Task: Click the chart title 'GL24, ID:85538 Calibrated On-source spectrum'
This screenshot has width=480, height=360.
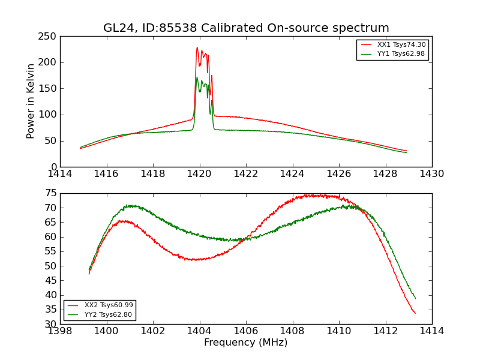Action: pos(246,28)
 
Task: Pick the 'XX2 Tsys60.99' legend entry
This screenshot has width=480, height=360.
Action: pos(109,305)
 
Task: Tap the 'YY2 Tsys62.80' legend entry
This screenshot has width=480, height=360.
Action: pos(109,314)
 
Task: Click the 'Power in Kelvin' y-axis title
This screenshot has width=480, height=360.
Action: pos(31,101)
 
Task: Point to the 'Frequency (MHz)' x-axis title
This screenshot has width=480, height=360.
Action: pos(246,343)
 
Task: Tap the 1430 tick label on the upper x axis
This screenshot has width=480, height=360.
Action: pos(432,174)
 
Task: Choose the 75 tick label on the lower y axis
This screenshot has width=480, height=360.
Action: pos(50,193)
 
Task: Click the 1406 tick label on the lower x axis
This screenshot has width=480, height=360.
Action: pos(246,331)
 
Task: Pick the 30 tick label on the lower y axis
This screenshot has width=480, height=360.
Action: pos(50,324)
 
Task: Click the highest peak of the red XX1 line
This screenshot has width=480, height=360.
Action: pos(197,47)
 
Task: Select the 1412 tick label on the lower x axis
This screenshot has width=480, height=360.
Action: pos(385,331)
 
